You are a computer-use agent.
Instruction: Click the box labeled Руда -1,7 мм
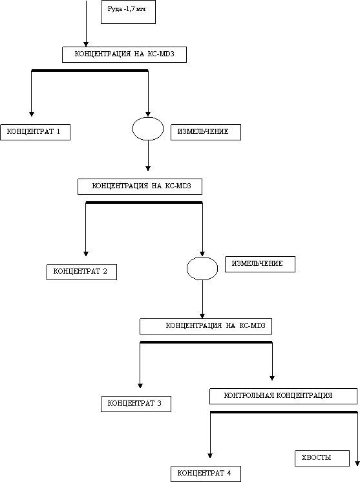pos(128,12)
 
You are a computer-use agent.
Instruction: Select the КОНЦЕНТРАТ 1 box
pos(36,132)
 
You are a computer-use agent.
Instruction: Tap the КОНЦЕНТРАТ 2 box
pos(81,272)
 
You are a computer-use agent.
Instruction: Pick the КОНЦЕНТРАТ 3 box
pos(136,404)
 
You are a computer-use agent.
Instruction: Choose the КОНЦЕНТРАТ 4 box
pos(206,474)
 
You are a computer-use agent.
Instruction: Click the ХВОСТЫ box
pos(323,458)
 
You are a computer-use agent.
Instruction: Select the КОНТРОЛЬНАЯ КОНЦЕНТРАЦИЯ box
pos(284,396)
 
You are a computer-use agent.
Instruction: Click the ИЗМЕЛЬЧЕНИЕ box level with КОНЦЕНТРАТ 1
pos(206,132)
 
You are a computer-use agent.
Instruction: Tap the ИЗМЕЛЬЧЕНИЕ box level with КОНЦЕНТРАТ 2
pos(260,264)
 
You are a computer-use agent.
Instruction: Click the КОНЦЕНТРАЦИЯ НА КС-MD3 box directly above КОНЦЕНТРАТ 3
pos(206,326)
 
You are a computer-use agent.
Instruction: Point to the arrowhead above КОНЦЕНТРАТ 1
pos(31,114)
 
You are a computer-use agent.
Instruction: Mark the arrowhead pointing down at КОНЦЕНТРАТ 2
pos(86,254)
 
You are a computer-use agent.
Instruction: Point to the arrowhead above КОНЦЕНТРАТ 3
pos(140,386)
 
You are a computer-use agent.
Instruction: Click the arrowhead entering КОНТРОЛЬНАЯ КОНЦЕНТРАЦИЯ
pos(272,378)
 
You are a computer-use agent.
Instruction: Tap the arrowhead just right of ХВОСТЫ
pos(357,463)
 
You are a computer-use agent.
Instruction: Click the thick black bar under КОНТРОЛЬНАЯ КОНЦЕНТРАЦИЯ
pos(284,412)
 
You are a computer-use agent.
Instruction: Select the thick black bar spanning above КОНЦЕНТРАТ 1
pos(90,71)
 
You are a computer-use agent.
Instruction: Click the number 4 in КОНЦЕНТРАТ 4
pos(229,473)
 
